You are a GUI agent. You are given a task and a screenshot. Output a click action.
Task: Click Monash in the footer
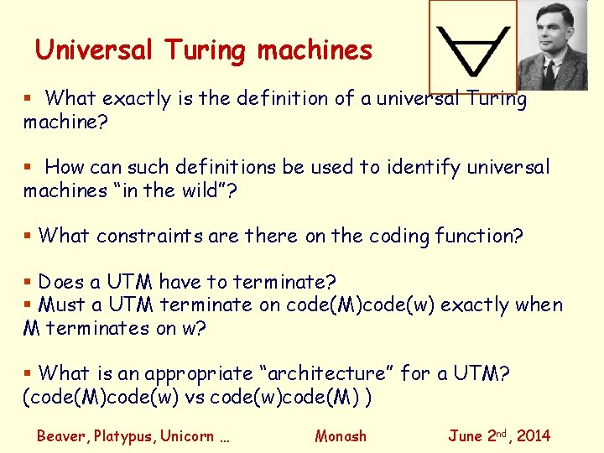pos(341,435)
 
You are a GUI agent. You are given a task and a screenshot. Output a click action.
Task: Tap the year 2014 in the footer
pos(534,435)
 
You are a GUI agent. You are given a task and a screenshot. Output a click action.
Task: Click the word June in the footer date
pos(466,435)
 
